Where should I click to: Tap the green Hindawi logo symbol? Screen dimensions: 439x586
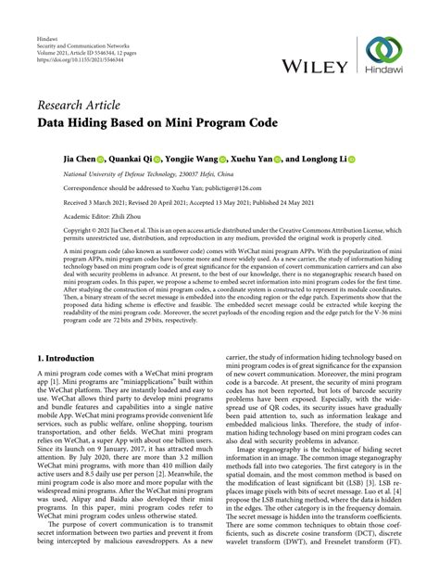(383, 51)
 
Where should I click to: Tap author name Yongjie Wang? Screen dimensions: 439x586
(196, 159)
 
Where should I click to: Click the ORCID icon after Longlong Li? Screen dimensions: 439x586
(352, 159)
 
